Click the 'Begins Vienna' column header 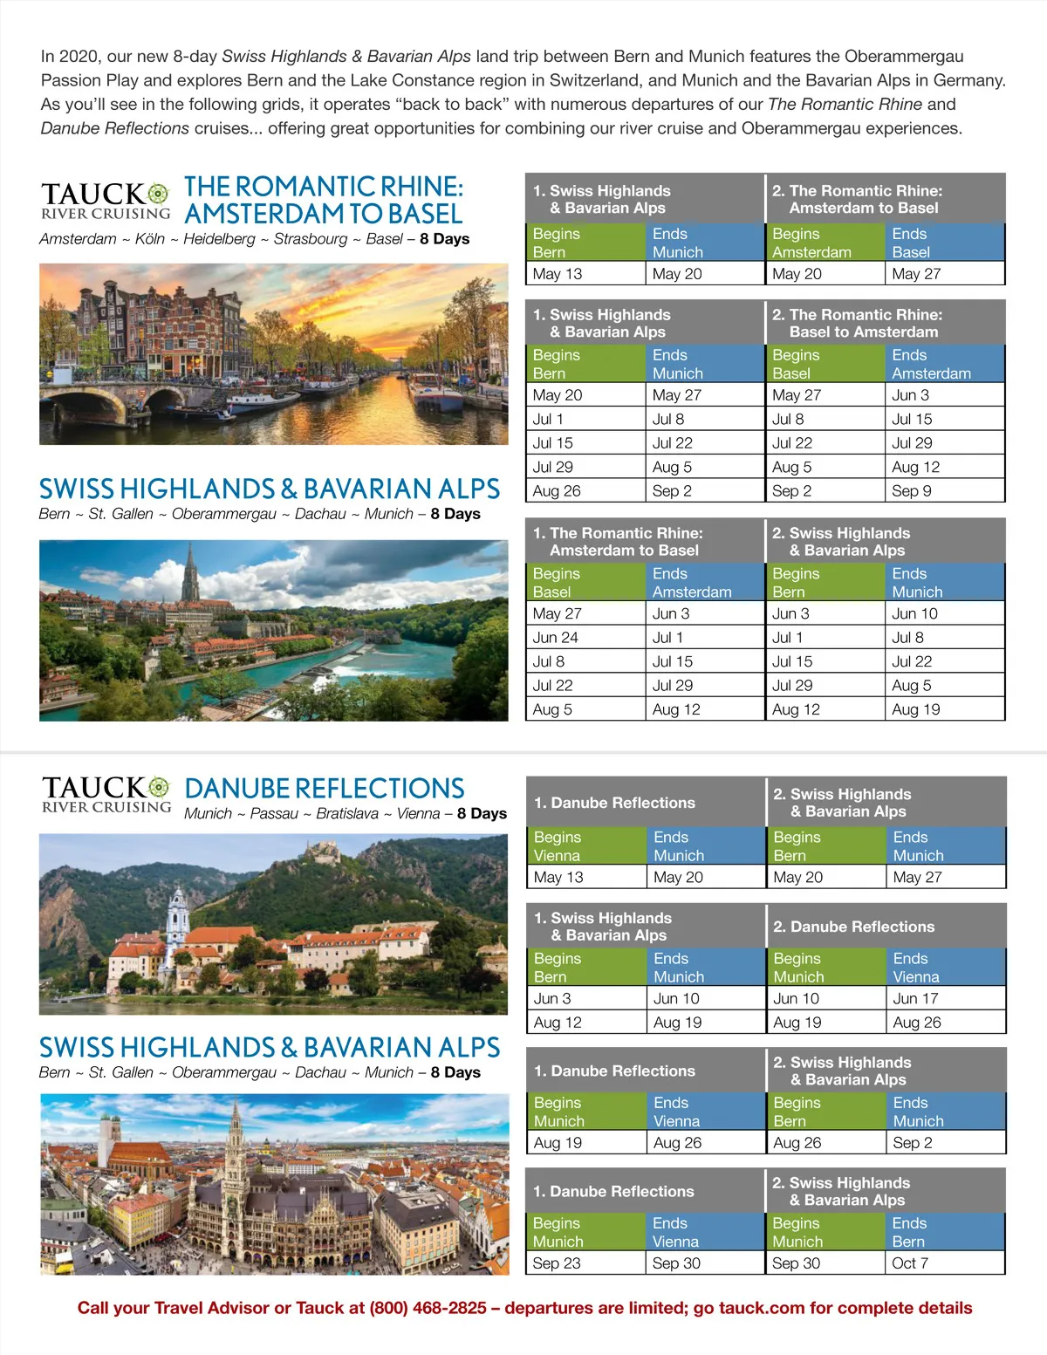(585, 845)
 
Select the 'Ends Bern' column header (944, 1232)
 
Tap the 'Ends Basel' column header (944, 243)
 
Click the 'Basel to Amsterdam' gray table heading (885, 323)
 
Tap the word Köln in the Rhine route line (150, 239)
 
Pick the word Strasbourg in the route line (311, 239)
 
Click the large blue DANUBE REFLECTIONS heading (324, 788)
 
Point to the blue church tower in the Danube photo (178, 916)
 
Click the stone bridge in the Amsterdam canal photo (113, 398)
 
